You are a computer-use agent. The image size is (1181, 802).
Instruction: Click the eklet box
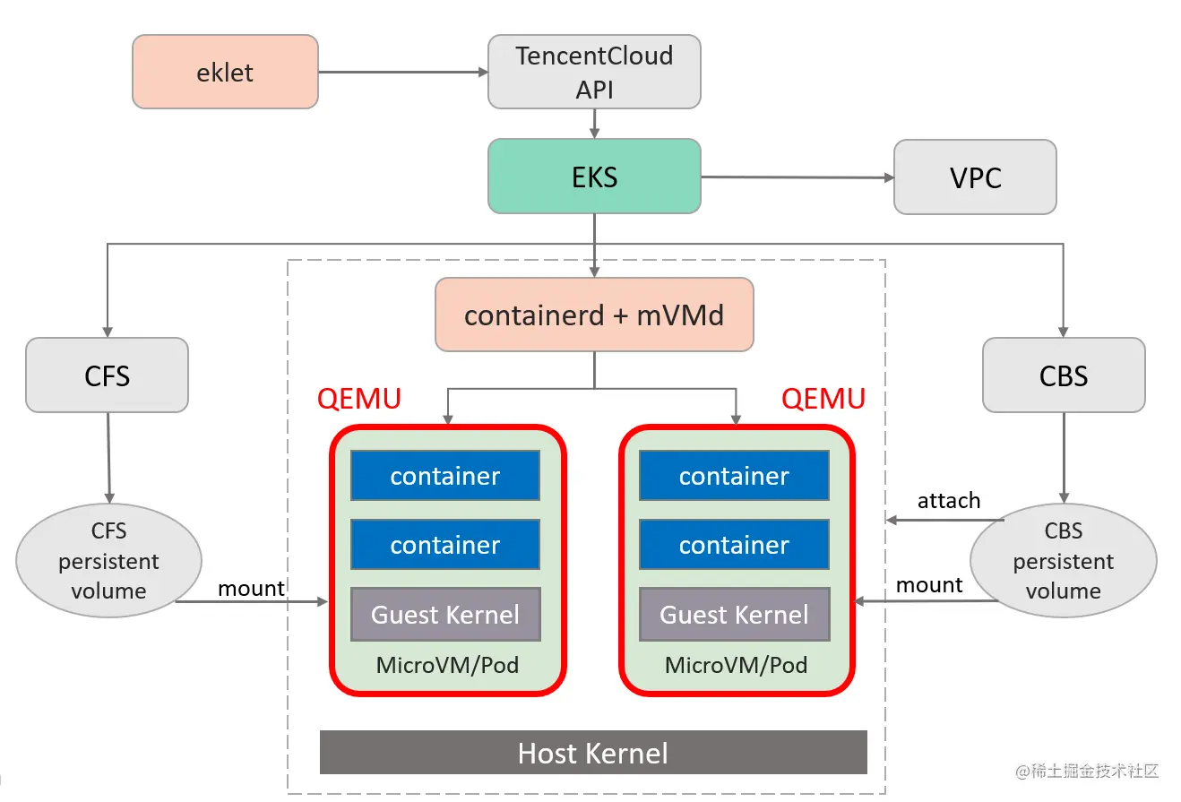pyautogui.click(x=225, y=72)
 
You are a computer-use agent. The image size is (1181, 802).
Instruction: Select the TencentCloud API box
pyautogui.click(x=594, y=72)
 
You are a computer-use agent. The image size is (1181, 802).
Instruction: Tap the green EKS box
pyautogui.click(x=594, y=177)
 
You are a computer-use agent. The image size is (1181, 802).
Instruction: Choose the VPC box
pyautogui.click(x=975, y=177)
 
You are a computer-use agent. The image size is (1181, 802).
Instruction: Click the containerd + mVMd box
pyautogui.click(x=594, y=315)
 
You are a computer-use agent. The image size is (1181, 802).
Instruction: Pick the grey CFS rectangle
pyautogui.click(x=108, y=375)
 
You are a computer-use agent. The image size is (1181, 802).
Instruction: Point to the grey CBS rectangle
pyautogui.click(x=1064, y=375)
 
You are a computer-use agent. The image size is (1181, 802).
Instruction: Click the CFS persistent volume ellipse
pyautogui.click(x=108, y=561)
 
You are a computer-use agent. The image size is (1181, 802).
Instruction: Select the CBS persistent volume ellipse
pyautogui.click(x=1064, y=561)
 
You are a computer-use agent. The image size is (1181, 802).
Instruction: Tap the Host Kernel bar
pyautogui.click(x=593, y=752)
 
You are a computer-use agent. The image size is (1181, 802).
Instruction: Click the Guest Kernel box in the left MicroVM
pyautogui.click(x=445, y=614)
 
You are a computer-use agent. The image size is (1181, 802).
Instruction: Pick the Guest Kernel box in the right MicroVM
pyautogui.click(x=734, y=614)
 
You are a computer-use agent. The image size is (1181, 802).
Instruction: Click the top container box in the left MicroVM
pyautogui.click(x=445, y=476)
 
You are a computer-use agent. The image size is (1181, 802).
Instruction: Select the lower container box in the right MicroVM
pyautogui.click(x=734, y=545)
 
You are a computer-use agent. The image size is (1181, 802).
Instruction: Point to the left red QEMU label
pyautogui.click(x=359, y=398)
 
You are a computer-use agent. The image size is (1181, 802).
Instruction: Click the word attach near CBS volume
pyautogui.click(x=949, y=500)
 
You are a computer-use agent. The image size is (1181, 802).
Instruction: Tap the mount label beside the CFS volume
pyautogui.click(x=252, y=588)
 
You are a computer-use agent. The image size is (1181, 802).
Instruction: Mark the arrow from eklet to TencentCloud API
pyautogui.click(x=402, y=72)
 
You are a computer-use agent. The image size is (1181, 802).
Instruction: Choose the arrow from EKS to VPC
pyautogui.click(x=797, y=177)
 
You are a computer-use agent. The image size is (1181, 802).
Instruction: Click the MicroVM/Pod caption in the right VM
pyautogui.click(x=736, y=665)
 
